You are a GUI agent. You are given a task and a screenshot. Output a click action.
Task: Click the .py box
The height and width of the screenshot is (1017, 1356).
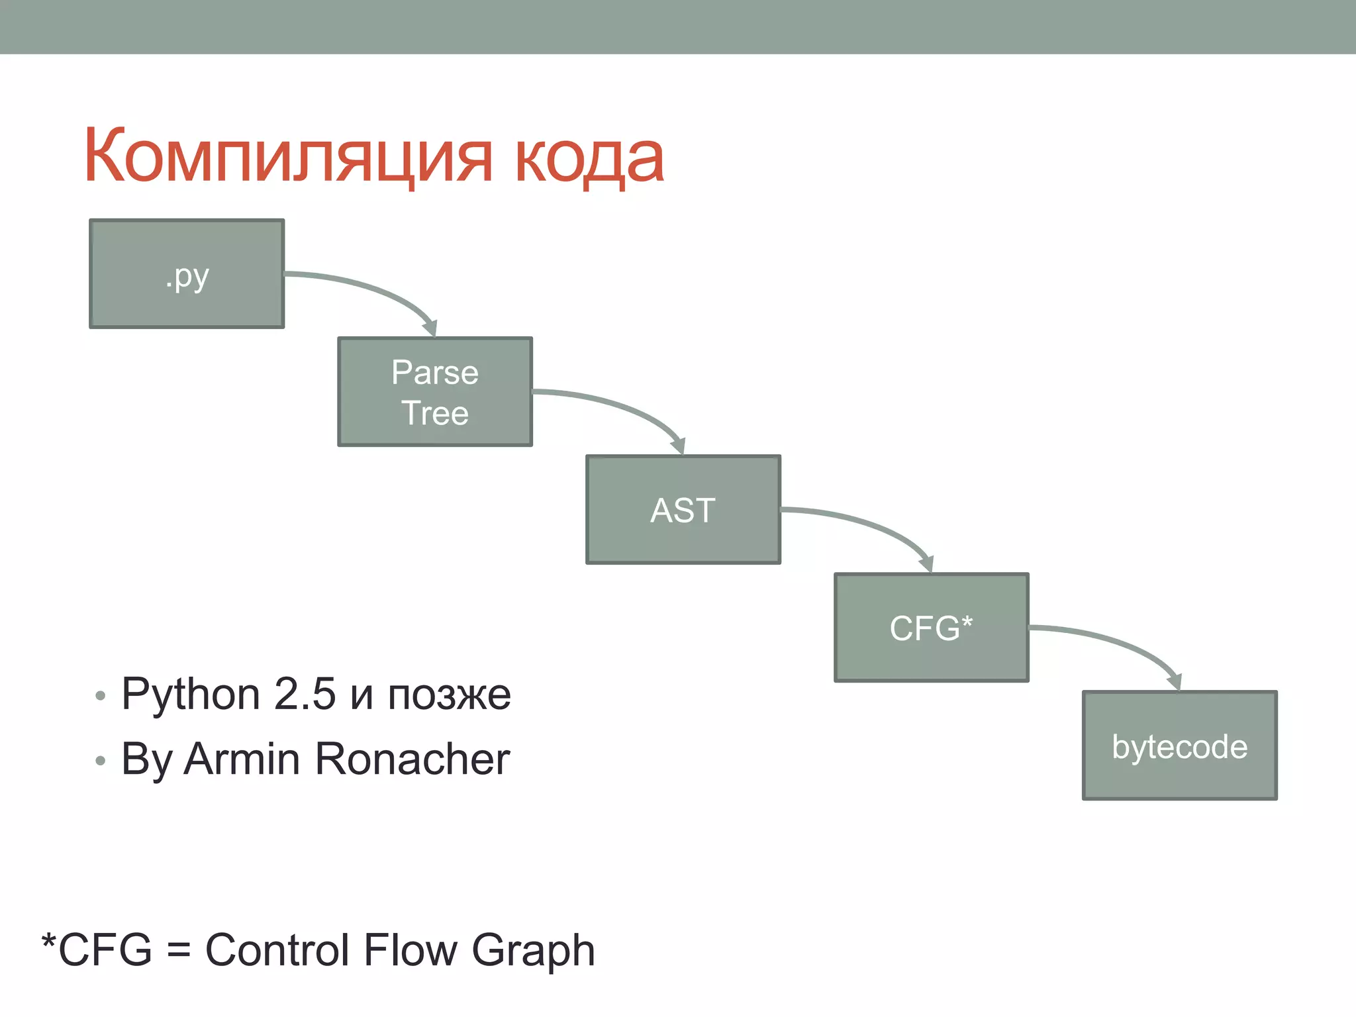pos(187,273)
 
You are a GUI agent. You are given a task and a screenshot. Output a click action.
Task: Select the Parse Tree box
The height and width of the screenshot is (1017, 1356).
pos(435,392)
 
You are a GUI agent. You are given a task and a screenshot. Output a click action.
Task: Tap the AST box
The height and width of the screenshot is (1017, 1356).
pos(683,510)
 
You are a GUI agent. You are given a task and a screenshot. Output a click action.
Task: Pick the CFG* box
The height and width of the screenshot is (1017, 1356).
pos(932,628)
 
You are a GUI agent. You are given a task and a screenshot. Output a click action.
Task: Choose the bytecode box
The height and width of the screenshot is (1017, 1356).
pos(1179,746)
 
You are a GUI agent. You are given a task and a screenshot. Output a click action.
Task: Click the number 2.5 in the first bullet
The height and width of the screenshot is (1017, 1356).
pos(305,695)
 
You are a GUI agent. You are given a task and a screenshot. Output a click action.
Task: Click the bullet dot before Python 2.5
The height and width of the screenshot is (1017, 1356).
pos(100,696)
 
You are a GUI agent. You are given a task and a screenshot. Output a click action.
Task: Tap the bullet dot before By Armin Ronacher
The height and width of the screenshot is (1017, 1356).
pos(100,761)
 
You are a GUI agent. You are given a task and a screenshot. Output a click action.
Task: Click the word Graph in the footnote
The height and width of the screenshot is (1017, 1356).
pos(533,950)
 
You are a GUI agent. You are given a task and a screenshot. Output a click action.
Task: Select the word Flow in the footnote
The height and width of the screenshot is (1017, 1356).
pos(411,950)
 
